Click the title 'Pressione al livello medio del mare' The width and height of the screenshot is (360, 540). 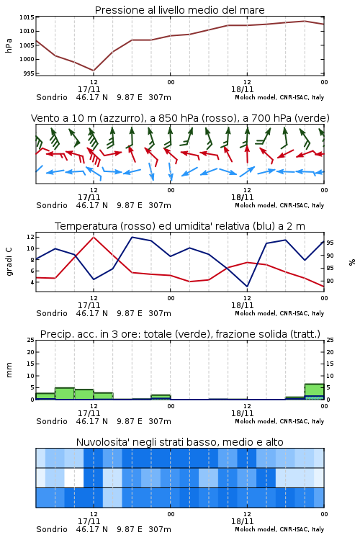click(x=179, y=10)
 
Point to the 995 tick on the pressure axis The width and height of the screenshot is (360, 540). click(x=29, y=73)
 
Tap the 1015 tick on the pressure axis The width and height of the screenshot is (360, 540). click(x=27, y=17)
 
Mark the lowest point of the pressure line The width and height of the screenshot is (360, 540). click(x=94, y=71)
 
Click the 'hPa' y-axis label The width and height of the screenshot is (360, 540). click(x=9, y=45)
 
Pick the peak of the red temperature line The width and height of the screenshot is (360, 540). click(x=94, y=237)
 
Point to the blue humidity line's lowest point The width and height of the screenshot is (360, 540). click(x=247, y=287)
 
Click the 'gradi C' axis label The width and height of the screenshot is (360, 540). click(x=9, y=262)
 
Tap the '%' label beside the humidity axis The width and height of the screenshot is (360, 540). click(x=352, y=262)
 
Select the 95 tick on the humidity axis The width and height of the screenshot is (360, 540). click(x=330, y=243)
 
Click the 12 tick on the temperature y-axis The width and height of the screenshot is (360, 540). click(x=30, y=237)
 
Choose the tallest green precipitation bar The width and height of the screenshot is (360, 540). click(x=314, y=392)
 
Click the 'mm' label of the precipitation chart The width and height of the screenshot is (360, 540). click(x=9, y=370)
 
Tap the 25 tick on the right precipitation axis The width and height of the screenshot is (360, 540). click(x=330, y=340)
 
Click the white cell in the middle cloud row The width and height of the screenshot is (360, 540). click(x=74, y=477)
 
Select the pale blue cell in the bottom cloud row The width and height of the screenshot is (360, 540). click(x=112, y=498)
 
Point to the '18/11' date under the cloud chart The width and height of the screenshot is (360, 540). click(x=242, y=521)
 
